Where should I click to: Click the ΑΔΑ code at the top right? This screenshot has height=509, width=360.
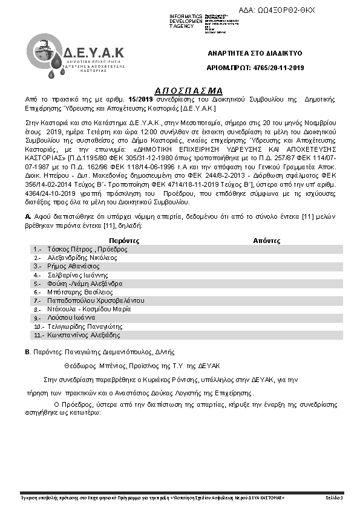[x=286, y=10]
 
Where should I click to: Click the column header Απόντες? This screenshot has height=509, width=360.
[x=267, y=240]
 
